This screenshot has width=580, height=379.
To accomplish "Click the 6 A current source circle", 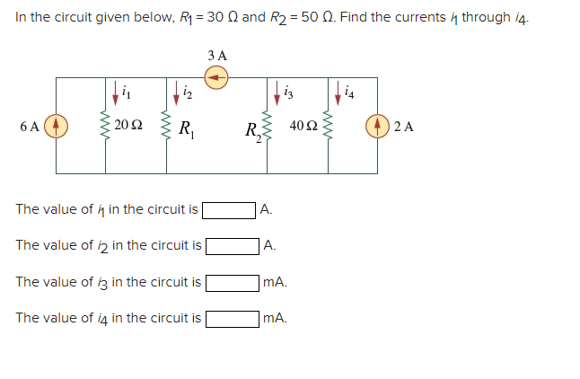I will [x=57, y=125].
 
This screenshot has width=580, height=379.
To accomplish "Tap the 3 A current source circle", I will [x=217, y=78].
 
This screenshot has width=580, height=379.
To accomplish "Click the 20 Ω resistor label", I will [x=128, y=125].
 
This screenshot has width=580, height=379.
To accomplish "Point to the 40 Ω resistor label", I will [x=303, y=125].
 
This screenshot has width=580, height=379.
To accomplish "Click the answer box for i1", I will [x=229, y=210].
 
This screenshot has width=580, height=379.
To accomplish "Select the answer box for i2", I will [x=233, y=246].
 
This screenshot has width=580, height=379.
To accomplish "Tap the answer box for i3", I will [x=233, y=282].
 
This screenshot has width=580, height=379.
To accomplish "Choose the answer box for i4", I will [x=233, y=318].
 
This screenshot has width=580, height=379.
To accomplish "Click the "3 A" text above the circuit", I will [x=217, y=56].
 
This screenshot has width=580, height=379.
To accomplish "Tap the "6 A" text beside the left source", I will [x=29, y=126].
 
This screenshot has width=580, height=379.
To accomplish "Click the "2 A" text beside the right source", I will [x=404, y=126].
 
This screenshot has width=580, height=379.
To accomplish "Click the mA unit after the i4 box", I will [x=276, y=318].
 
